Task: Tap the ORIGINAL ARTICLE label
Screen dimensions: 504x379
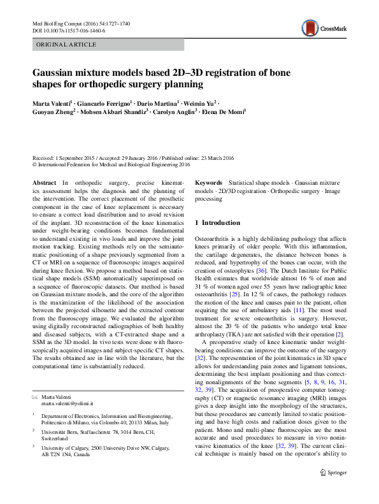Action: pos(67,45)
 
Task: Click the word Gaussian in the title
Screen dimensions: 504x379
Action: pos(59,73)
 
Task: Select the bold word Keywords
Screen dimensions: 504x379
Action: pos(208,183)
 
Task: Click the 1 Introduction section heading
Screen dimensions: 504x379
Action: pos(217,223)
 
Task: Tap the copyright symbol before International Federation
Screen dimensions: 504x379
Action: pos(34,164)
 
